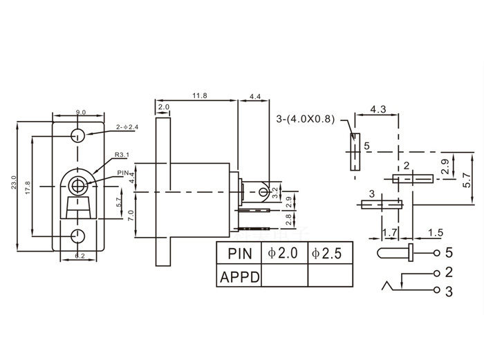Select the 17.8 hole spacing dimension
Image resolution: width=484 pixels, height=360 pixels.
[x=27, y=187]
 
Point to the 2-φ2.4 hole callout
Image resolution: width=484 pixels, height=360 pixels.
[x=128, y=126]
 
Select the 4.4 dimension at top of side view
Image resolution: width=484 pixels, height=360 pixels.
[x=255, y=97]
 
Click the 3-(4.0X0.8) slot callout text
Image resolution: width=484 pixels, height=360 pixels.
[x=305, y=118]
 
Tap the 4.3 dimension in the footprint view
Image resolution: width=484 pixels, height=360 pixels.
[x=378, y=109]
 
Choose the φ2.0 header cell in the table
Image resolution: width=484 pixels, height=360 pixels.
[x=283, y=253]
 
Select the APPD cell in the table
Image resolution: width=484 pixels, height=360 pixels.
[x=239, y=276]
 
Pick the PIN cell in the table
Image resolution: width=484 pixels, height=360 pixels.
[x=239, y=253]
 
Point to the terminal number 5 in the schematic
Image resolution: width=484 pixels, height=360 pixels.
[x=449, y=252]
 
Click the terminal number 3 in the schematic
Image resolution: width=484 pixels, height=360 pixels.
[x=449, y=292]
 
